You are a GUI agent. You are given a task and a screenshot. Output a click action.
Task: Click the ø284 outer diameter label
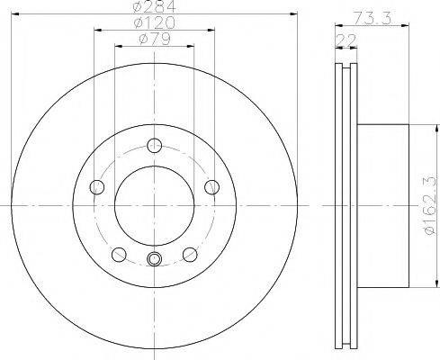pos(155,6)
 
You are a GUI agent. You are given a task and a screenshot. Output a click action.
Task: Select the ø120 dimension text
pos(154,22)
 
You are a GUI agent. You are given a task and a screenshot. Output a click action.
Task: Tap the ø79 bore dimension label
pos(155,39)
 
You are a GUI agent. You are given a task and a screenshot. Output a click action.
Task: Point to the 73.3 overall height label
pos(372,18)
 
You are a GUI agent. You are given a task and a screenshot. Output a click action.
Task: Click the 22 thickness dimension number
pos(346,40)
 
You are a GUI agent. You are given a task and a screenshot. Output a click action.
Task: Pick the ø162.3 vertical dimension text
pos(428,205)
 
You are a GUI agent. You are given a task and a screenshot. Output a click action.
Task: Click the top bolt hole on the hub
pos(155,146)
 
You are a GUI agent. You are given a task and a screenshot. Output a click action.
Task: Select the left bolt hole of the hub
pos(97,187)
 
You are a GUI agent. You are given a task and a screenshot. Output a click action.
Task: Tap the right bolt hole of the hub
pos(212,187)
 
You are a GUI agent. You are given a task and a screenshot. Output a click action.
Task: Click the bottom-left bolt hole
pos(119,255)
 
